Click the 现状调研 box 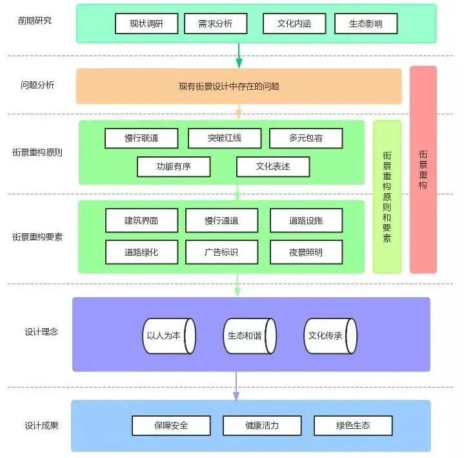pos(146,24)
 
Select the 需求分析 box pos(216,24)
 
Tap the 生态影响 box pos(366,24)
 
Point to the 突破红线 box pos(225,138)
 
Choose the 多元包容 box pos(306,138)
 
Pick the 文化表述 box pos(273,167)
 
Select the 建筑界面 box pos(141,221)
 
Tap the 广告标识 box pos(221,252)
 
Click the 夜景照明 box pos(306,252)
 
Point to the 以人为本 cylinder pos(168,336)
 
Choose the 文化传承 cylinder pos(330,336)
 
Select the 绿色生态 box pos(353,426)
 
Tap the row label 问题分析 pos(37,85)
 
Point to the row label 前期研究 pos(35,20)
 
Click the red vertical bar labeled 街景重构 pos(423,169)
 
